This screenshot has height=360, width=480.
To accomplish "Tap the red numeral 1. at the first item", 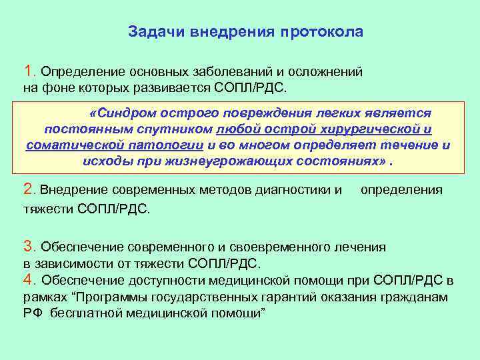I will coord(30,71).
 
